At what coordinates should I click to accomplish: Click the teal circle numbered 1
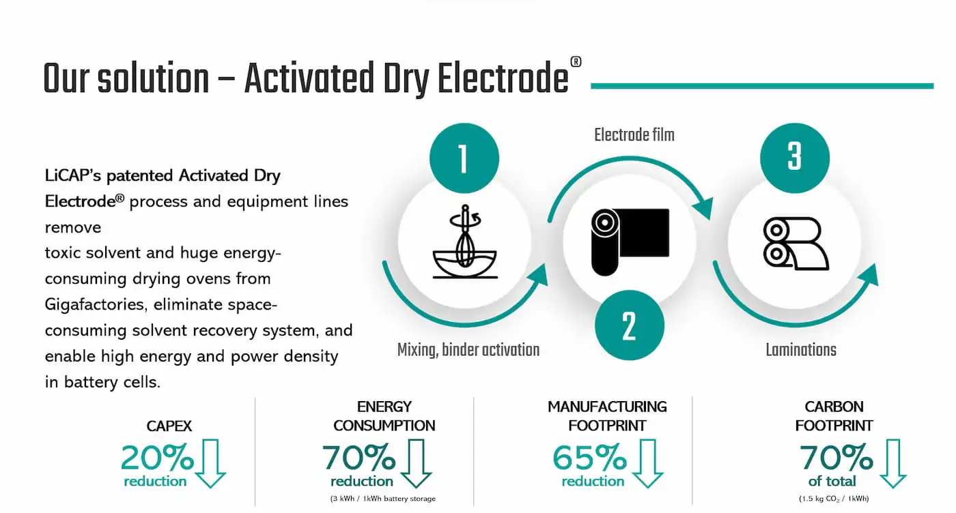(x=464, y=158)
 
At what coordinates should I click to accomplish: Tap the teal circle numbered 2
(x=630, y=325)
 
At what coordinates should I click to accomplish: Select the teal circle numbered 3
(x=795, y=158)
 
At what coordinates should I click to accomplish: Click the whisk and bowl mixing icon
(x=465, y=241)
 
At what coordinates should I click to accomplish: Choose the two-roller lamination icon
(x=796, y=244)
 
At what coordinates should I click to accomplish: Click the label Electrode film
(x=634, y=135)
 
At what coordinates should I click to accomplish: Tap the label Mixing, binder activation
(x=468, y=350)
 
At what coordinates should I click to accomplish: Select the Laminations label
(x=800, y=350)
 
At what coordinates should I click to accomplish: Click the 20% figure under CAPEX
(x=157, y=457)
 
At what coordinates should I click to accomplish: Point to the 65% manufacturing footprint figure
(x=589, y=458)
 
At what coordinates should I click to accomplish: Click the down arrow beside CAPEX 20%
(x=210, y=463)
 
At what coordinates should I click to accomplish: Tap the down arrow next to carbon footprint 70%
(x=893, y=463)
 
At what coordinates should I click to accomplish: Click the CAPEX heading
(x=169, y=426)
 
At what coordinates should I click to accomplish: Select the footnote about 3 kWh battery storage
(x=383, y=499)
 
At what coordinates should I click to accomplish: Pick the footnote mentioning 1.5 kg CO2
(x=834, y=499)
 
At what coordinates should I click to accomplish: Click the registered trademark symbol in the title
(x=576, y=62)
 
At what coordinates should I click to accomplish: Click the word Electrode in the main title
(x=503, y=78)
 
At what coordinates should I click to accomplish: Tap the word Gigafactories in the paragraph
(x=94, y=305)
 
